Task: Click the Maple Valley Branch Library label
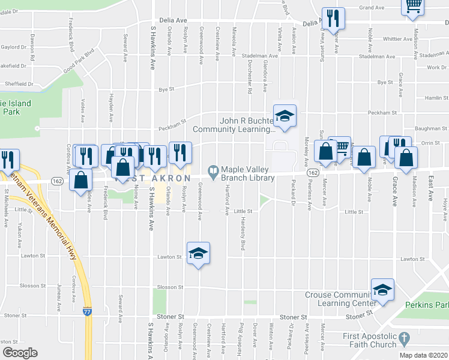[247, 173]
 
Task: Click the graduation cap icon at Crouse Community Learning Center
[382, 290]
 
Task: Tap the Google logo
[20, 352]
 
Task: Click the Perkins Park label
[427, 305]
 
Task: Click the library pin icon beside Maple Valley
[212, 170]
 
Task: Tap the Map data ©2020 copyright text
[423, 355]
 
